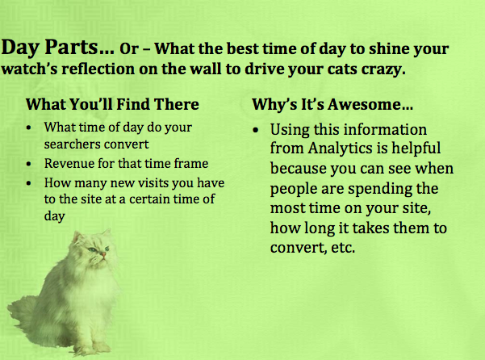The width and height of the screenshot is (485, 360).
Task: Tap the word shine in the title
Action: click(387, 48)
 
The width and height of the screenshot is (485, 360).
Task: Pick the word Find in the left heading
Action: click(134, 104)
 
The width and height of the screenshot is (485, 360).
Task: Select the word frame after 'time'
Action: click(193, 163)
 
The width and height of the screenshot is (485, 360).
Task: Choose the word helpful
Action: click(416, 148)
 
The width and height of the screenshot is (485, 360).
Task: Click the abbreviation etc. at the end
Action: click(343, 248)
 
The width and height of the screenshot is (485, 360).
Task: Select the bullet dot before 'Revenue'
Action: click(29, 164)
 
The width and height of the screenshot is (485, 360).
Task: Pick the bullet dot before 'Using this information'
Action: click(255, 130)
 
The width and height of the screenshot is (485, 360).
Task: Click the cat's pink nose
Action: click(103, 254)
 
